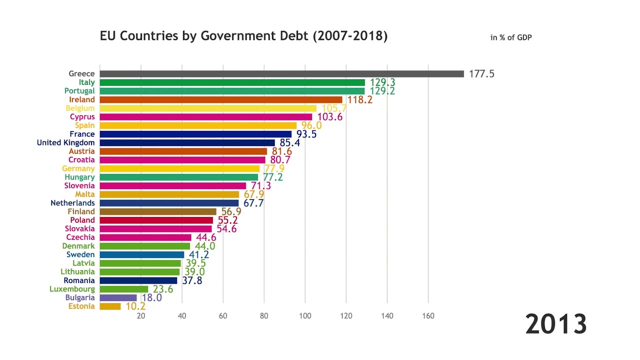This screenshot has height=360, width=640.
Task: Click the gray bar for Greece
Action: pos(281,74)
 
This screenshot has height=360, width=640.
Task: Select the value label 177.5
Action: pos(481,74)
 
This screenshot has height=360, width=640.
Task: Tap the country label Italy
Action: pos(86,82)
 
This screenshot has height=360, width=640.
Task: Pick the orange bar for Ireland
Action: pos(221,99)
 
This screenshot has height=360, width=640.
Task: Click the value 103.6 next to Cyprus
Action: pos(329,117)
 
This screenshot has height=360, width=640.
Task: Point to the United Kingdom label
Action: pos(65,142)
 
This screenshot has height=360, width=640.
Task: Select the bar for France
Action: pos(195,134)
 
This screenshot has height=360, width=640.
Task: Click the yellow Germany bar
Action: pos(179,168)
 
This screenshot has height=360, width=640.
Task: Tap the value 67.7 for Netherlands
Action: pos(253,203)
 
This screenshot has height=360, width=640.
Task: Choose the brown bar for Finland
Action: pos(158,211)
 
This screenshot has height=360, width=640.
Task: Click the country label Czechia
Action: pos(80,237)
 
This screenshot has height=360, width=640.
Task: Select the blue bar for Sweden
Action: pos(142,254)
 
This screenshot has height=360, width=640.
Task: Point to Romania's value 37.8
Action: pos(192,280)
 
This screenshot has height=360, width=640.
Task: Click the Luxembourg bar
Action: pos(124,289)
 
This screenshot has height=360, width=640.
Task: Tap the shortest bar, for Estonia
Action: pos(110,306)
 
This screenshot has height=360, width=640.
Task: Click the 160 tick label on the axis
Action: pos(428,316)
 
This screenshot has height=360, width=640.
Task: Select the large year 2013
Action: pos(555,324)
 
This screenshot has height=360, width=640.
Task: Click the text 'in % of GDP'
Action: pos(511,37)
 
